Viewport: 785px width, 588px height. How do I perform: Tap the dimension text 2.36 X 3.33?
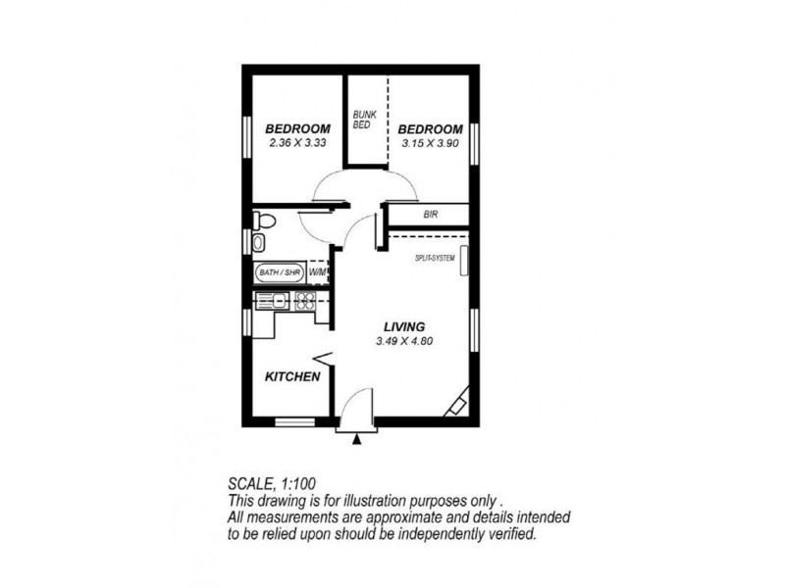pyautogui.click(x=297, y=143)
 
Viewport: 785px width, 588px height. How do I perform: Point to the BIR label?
pyautogui.click(x=430, y=213)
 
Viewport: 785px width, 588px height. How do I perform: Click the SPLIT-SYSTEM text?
pyautogui.click(x=435, y=259)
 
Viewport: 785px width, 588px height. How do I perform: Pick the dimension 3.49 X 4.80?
pyautogui.click(x=404, y=341)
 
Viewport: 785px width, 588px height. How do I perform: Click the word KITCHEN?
pyautogui.click(x=293, y=376)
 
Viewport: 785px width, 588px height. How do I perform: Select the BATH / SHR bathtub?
pyautogui.click(x=279, y=271)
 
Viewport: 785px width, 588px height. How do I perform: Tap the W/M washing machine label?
pyautogui.click(x=318, y=271)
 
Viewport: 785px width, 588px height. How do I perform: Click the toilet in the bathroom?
pyautogui.click(x=260, y=220)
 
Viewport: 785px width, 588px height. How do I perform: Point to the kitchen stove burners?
pyautogui.click(x=303, y=301)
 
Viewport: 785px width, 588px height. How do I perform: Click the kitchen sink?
pyautogui.click(x=274, y=301)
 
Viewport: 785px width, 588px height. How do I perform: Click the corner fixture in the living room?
pyautogui.click(x=457, y=405)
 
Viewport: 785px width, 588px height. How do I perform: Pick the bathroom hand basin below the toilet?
pyautogui.click(x=257, y=242)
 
